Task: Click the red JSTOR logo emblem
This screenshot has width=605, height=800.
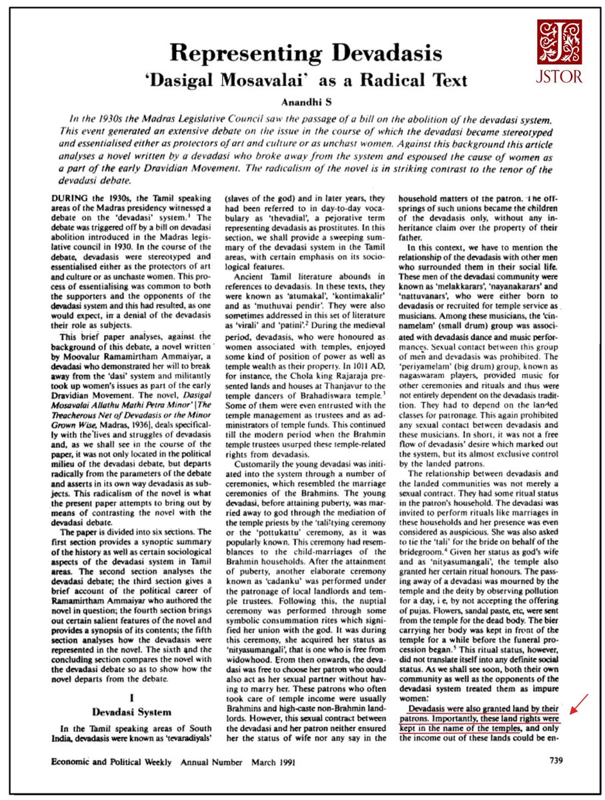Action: (x=560, y=41)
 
